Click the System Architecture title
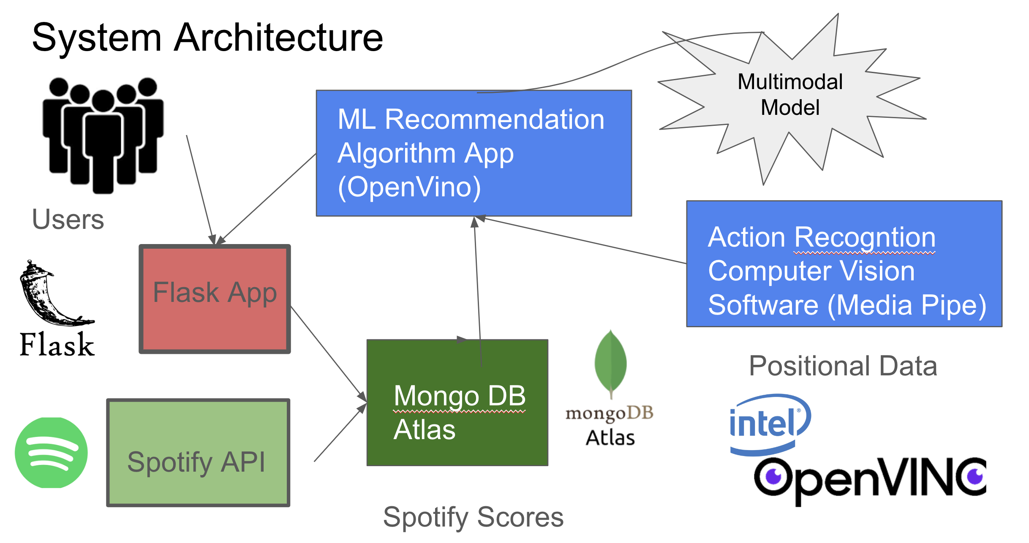pos(207,38)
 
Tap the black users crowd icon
pos(103,135)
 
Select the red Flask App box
pos(215,299)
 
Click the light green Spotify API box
pos(198,453)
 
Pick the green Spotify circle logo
pos(51,453)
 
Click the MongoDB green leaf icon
pos(610,363)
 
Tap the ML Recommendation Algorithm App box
pos(474,153)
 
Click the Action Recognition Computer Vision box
pos(844,264)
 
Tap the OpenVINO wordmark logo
pos(870,479)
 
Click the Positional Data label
pos(843,366)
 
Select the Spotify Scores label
pos(473,517)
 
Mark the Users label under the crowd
pos(68,219)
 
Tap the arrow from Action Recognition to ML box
pos(583,239)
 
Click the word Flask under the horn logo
pos(57,345)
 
